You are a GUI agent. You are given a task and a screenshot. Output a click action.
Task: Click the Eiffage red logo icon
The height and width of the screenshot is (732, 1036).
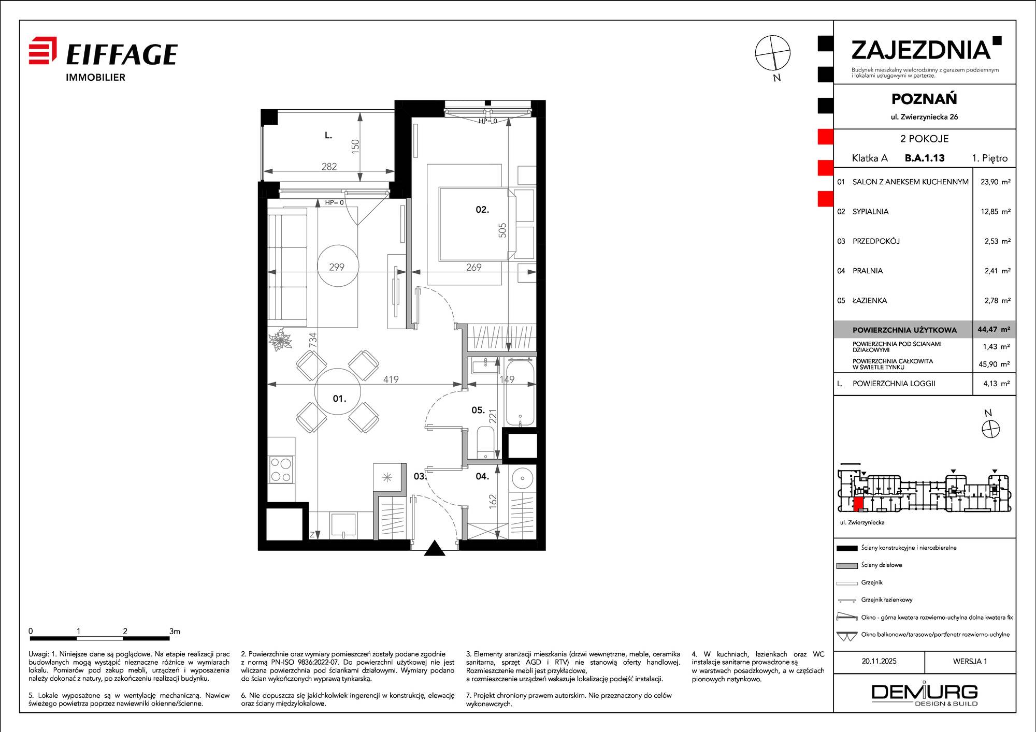pos(42,50)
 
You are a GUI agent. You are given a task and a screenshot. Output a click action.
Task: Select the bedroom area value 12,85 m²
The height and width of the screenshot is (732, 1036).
pos(995,211)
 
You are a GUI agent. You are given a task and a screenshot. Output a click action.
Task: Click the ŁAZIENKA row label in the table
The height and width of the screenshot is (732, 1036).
pos(870,300)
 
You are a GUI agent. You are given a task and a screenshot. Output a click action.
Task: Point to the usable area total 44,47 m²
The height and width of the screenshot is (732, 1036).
pos(994,329)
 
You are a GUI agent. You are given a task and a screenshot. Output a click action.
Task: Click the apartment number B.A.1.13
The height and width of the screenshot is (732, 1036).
pos(925,158)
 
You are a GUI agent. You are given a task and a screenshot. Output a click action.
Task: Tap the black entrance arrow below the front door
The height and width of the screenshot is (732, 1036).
pos(435,548)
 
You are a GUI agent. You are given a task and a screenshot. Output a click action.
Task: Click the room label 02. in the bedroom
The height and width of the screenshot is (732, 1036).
pos(482,210)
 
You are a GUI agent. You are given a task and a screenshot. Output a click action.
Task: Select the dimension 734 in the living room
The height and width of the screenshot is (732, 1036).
pos(312,340)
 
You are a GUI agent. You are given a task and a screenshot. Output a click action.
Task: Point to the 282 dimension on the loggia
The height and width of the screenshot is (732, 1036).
pos(329,167)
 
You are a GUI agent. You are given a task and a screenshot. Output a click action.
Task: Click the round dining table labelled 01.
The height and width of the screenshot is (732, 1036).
pos(338,391)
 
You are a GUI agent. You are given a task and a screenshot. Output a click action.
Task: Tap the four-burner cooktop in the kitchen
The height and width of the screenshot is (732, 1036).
pos(281,470)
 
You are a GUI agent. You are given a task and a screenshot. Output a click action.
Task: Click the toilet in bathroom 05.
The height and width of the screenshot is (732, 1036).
pos(486,443)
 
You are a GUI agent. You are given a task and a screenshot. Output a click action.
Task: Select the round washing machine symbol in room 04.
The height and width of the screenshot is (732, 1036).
pos(522,477)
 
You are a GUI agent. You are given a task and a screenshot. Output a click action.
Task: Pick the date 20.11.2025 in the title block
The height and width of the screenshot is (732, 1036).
pos(879,661)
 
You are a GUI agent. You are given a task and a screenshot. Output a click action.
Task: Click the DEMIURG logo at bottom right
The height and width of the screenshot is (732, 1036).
pos(925,694)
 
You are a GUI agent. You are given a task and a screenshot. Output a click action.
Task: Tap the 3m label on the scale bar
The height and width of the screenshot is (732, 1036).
pos(175,631)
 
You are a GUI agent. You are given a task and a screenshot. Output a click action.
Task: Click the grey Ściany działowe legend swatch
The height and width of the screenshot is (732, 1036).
pos(847,565)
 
